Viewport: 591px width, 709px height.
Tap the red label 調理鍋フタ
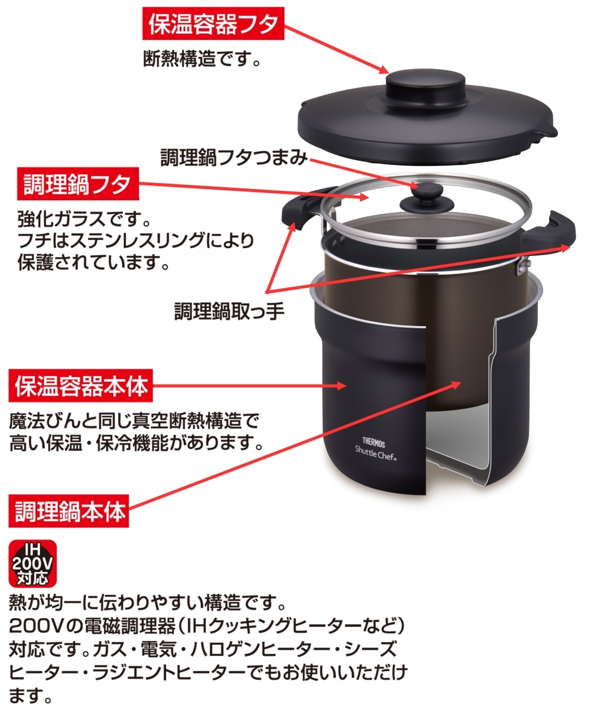76,185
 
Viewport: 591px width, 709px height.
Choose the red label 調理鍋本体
70,511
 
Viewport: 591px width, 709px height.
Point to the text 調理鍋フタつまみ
234,157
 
